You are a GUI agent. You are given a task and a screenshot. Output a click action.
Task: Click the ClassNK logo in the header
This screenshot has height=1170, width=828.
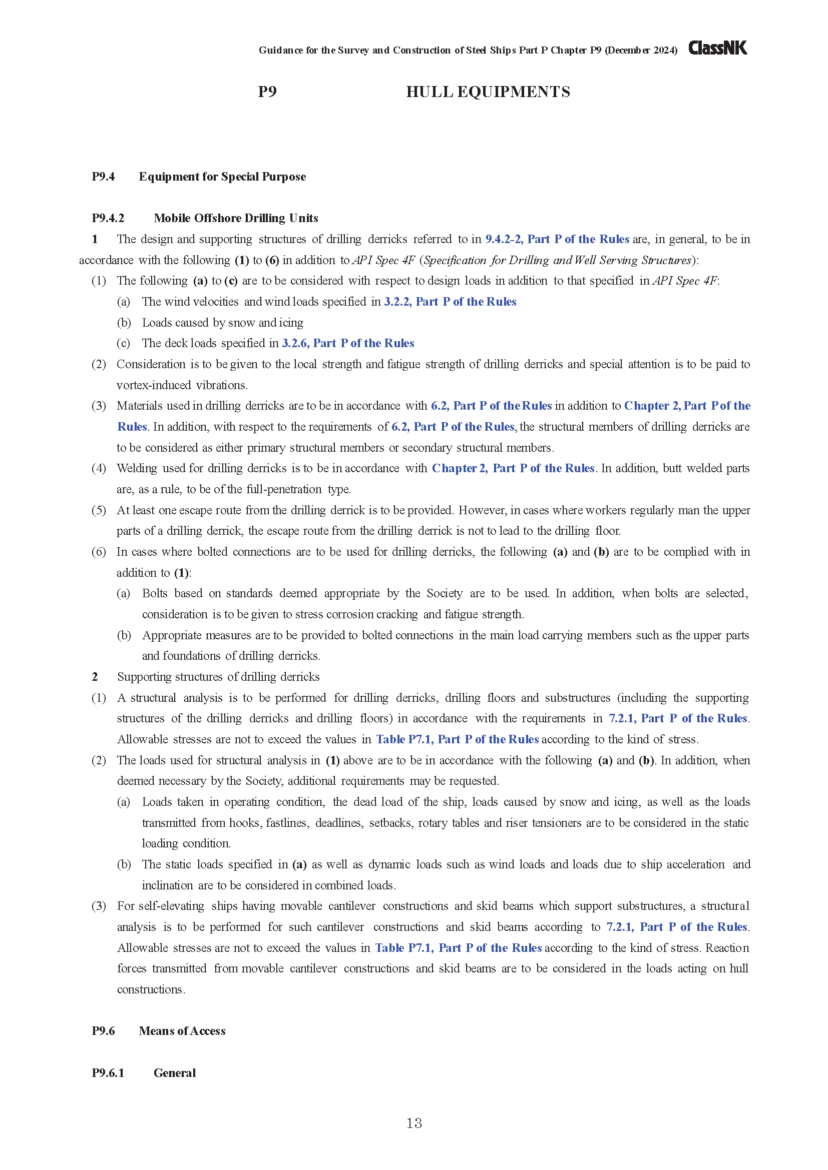[717, 48]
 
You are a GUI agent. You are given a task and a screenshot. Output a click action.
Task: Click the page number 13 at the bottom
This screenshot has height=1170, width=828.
[414, 1123]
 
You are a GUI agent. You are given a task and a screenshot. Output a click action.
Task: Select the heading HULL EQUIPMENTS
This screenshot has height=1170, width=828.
[488, 92]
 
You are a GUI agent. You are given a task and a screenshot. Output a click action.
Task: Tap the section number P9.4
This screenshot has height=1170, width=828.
[103, 177]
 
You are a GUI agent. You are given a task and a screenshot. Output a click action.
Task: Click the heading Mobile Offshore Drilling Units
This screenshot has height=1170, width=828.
[236, 218]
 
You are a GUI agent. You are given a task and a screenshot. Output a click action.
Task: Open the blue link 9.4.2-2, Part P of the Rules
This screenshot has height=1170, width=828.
[557, 239]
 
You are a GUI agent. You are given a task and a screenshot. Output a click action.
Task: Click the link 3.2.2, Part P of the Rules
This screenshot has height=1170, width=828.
[450, 302]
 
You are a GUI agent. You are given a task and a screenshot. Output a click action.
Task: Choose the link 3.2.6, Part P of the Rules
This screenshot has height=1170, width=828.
[348, 343]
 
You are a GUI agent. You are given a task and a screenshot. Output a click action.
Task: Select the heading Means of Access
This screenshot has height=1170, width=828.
[182, 1031]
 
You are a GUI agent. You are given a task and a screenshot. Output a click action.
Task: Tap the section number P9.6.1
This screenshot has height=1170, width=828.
[108, 1072]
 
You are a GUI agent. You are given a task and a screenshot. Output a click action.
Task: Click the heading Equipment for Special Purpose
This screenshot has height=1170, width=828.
[222, 177]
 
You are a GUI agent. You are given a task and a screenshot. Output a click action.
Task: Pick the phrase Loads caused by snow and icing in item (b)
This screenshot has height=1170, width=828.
[222, 323]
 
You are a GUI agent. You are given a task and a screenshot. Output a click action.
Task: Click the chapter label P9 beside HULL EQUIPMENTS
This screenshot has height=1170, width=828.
[267, 92]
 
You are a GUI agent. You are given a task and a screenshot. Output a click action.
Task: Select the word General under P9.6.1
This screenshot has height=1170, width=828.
[174, 1072]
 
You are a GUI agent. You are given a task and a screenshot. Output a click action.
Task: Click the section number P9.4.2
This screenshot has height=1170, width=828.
[108, 218]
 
